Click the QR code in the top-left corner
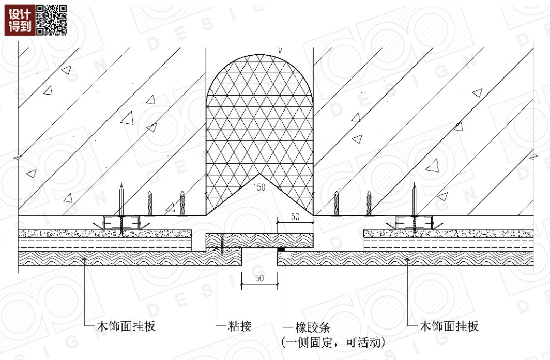point(52,20)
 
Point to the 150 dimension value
point(259,188)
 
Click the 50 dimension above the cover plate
point(295,217)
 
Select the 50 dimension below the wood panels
point(260,279)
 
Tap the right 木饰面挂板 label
point(449,326)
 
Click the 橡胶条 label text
point(312,326)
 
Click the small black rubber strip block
point(281,249)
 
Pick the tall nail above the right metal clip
point(415,199)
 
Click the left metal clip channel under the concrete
point(121,223)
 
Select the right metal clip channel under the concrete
point(414,223)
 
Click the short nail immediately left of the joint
point(182,204)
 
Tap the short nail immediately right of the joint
point(337,204)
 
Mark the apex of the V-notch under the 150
point(259,174)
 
